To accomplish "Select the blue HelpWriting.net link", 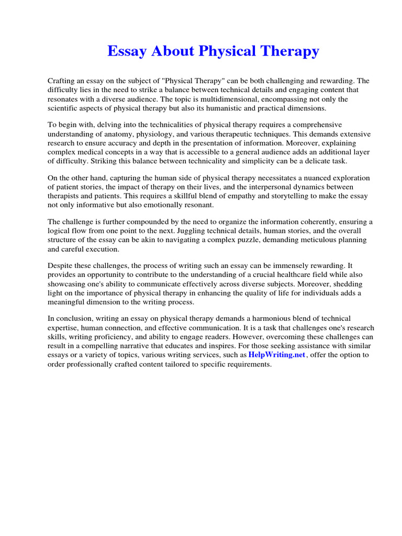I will click(x=276, y=355).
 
